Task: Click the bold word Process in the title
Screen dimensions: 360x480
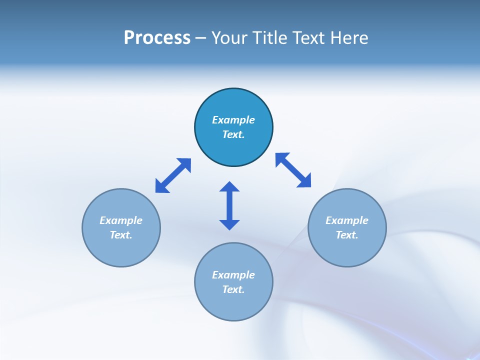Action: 157,38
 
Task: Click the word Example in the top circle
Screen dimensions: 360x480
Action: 233,120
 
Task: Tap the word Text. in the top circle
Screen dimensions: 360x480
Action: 233,134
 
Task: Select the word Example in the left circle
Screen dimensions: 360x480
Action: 121,220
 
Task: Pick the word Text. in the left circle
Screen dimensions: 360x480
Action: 121,235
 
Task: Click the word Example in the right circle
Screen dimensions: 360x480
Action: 347,220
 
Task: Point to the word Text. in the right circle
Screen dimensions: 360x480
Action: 347,235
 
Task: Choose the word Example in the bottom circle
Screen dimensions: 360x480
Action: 233,275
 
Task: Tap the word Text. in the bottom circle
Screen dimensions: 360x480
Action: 233,289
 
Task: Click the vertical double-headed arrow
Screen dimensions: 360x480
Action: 229,205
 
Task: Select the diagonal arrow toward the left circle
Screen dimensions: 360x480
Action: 173,175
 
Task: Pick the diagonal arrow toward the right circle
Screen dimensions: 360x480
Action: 293,170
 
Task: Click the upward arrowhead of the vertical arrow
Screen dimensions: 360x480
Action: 229,186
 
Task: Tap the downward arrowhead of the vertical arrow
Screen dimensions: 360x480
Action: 229,224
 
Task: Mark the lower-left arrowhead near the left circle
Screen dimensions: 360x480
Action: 161,187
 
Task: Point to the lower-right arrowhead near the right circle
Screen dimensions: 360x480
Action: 305,181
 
